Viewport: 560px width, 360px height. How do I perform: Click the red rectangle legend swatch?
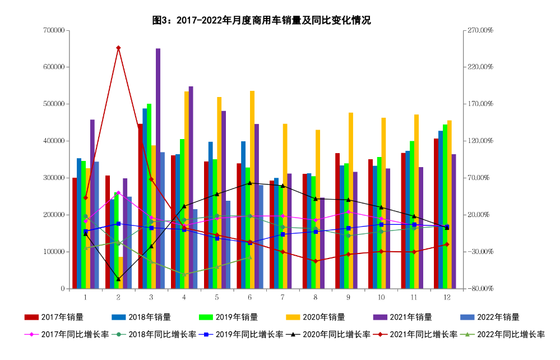pyautogui.click(x=31, y=317)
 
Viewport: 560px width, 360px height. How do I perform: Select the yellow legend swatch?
pyautogui.click(x=293, y=317)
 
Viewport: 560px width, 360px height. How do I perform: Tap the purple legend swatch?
pyautogui.click(x=380, y=317)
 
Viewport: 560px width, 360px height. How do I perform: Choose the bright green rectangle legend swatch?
pyautogui.click(x=206, y=317)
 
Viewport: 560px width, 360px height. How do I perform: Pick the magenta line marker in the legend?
pyautogui.click(x=31, y=335)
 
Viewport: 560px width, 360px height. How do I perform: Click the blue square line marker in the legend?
pyautogui.click(x=206, y=335)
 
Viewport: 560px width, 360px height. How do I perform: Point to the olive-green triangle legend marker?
pyautogui.click(x=467, y=335)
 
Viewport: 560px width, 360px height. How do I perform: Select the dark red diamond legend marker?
pyautogui.click(x=380, y=335)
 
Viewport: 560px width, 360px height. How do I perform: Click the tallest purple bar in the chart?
pyautogui.click(x=158, y=168)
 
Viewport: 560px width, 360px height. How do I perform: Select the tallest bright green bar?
pyautogui.click(x=149, y=196)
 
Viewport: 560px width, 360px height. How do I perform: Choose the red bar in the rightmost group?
pyautogui.click(x=436, y=214)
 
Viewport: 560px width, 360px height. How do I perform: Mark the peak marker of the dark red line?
pyautogui.click(x=118, y=48)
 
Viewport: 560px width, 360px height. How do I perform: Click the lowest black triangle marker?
pyautogui.click(x=118, y=279)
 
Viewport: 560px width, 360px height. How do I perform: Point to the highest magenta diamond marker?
pyautogui.click(x=118, y=192)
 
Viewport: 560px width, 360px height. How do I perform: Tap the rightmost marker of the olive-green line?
pyautogui.click(x=250, y=257)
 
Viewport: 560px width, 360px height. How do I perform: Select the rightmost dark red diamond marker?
pyautogui.click(x=447, y=244)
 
